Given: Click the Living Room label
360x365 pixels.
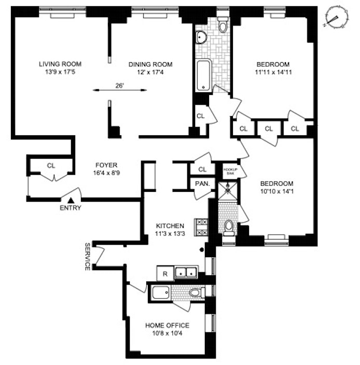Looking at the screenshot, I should (60, 64).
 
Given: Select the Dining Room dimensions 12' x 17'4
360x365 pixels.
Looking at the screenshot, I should (150, 73).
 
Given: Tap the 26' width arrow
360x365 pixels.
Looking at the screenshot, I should (120, 90).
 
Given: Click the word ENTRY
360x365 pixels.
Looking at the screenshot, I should (71, 208).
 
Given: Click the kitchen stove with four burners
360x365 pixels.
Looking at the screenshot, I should (201, 227).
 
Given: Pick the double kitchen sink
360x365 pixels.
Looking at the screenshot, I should (185, 272).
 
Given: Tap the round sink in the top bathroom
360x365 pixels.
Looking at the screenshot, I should (201, 36).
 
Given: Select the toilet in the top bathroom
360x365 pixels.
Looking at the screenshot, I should (223, 25).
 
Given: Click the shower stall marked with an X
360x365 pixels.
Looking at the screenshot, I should (227, 190).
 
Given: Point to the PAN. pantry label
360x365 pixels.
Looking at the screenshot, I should (202, 183).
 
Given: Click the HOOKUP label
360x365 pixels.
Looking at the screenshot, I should (229, 169).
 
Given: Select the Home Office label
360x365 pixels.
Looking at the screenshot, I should (167, 326).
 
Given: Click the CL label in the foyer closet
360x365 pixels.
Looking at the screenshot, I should (51, 166).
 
